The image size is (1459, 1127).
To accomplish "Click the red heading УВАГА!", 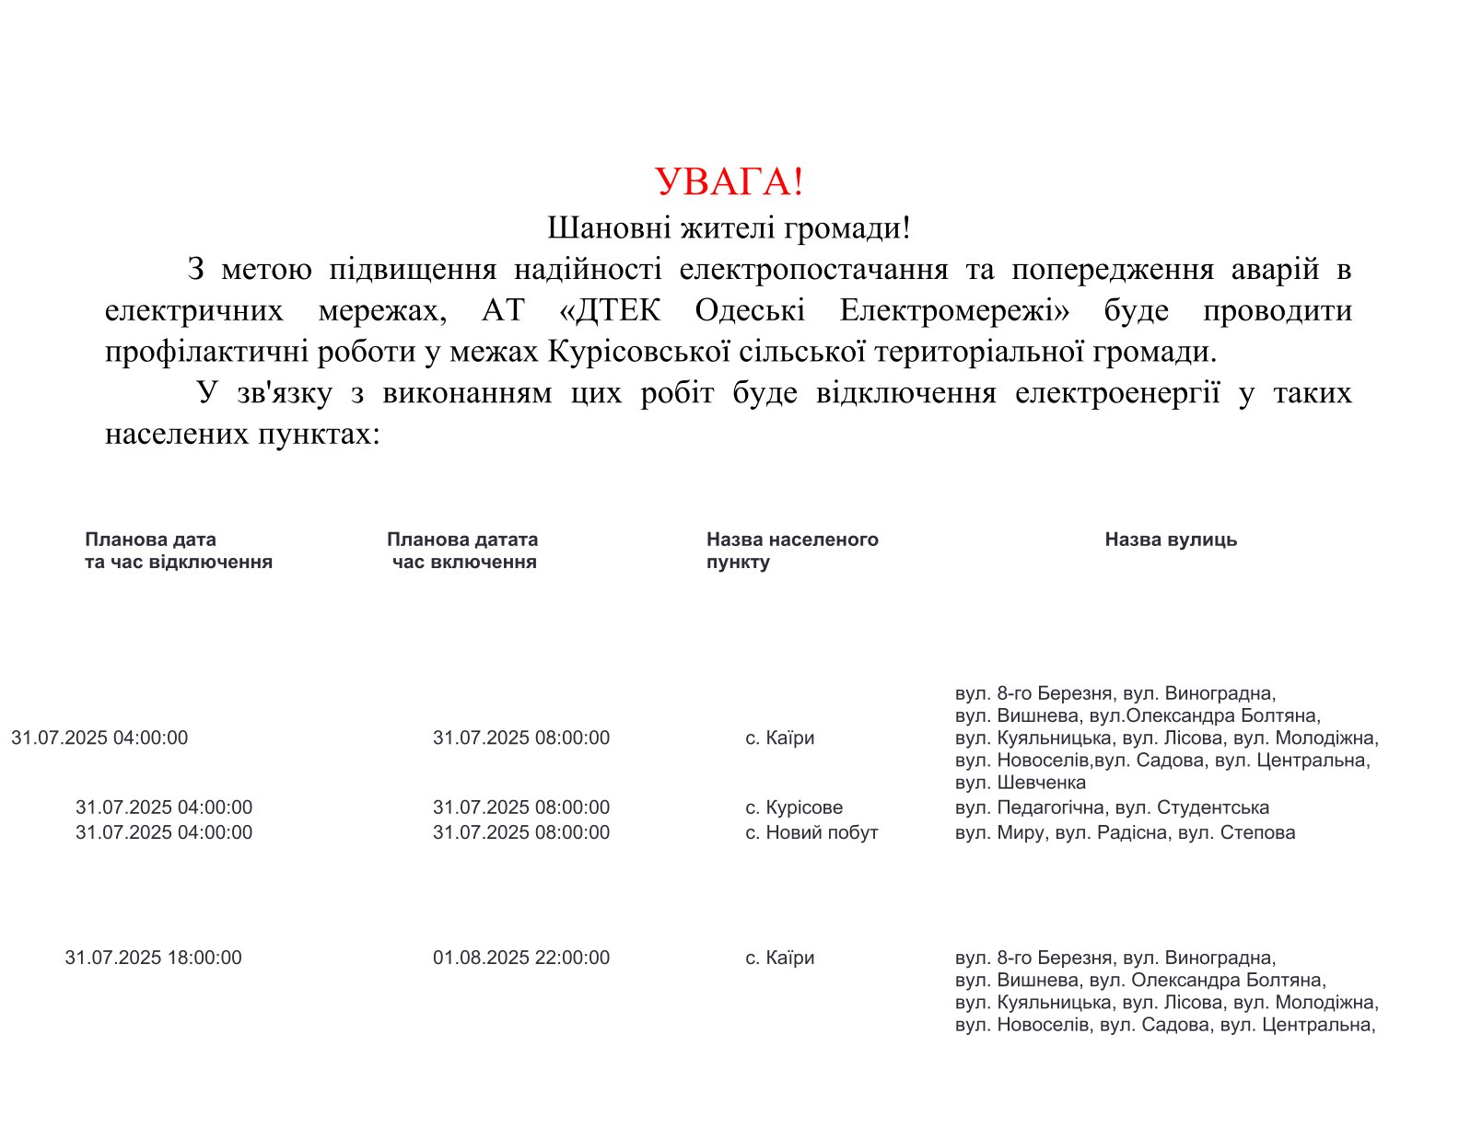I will click(729, 182).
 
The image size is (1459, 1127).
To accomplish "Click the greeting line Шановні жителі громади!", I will click(729, 227).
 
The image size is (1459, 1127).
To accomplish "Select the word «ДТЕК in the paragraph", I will click(610, 311).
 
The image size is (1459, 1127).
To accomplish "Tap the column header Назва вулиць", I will click(1171, 540).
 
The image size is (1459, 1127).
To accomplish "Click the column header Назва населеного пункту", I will click(792, 551).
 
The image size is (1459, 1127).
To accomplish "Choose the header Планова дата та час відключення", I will click(179, 551).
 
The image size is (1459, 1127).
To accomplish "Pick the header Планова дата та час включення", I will click(462, 551).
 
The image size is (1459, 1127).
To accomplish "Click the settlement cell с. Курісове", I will click(794, 807).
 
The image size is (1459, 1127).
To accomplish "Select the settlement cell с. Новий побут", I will click(811, 832).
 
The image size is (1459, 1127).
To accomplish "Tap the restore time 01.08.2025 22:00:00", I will click(521, 958).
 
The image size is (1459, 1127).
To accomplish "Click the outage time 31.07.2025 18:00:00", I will click(154, 958).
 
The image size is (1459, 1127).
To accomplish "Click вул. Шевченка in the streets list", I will click(1021, 783).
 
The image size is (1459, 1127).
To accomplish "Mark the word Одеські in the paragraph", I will click(750, 311).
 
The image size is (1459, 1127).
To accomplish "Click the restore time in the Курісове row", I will click(521, 807).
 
